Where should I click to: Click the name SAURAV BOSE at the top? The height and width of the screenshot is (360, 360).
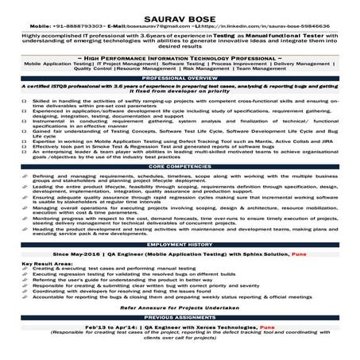tap(180, 7)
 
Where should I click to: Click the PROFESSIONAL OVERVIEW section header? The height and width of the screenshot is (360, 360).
tap(180, 78)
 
